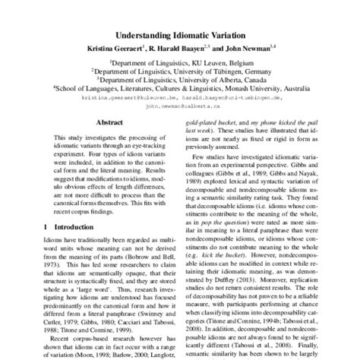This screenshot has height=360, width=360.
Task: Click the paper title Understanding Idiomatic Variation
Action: tap(180, 35)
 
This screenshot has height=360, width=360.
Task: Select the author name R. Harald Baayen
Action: tap(185, 49)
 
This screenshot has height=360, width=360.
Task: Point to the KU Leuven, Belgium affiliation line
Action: tap(180, 64)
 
